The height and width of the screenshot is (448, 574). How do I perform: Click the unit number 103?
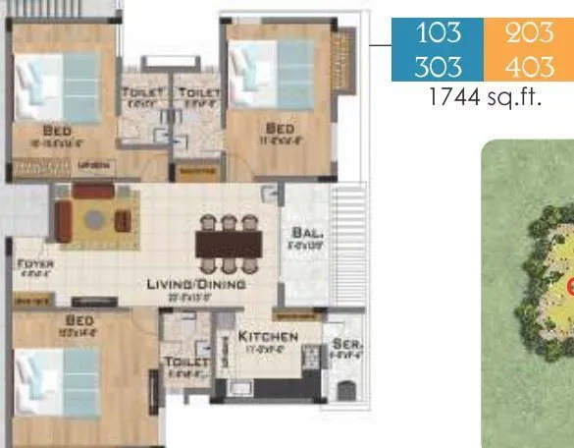(x=438, y=32)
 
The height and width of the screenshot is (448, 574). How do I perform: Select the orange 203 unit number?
(x=529, y=32)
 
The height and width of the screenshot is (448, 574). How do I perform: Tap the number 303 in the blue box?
(x=438, y=66)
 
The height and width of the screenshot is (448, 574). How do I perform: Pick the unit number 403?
(x=529, y=66)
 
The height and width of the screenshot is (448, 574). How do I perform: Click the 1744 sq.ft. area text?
(x=485, y=98)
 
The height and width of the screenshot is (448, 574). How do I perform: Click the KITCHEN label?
(x=268, y=337)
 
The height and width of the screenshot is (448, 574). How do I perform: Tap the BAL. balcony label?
(x=301, y=234)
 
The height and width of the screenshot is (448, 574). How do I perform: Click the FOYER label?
(x=35, y=264)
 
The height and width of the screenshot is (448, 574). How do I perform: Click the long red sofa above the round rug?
(x=95, y=190)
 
